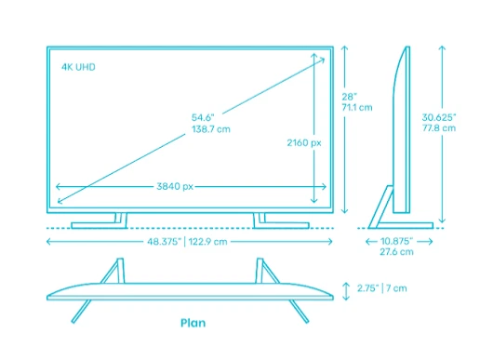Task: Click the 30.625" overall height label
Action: coord(439,117)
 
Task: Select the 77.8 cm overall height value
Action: coord(439,129)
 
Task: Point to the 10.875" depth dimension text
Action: coord(397,241)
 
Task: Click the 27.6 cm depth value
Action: coord(397,252)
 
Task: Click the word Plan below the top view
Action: coord(193,324)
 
